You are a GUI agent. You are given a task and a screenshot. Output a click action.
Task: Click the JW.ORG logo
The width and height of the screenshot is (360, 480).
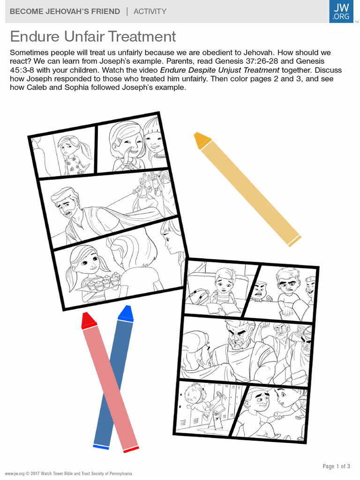pyautogui.click(x=341, y=11)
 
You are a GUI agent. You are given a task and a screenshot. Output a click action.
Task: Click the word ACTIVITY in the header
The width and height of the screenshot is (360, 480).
pyautogui.click(x=150, y=12)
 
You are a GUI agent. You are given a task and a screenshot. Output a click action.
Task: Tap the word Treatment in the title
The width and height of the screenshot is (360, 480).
pyautogui.click(x=142, y=37)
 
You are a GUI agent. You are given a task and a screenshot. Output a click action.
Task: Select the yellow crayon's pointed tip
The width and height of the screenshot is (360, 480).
pyautogui.click(x=196, y=135)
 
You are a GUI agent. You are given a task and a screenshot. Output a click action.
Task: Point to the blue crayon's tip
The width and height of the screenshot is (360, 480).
pyautogui.click(x=128, y=307)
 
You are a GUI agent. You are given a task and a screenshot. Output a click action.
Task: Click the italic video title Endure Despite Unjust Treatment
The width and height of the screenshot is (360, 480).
pyautogui.click(x=219, y=70)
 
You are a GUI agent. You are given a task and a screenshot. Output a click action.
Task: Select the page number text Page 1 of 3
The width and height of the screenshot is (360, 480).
pyautogui.click(x=336, y=466)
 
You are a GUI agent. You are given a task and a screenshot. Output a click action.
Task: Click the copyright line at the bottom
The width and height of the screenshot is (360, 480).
pyautogui.click(x=68, y=473)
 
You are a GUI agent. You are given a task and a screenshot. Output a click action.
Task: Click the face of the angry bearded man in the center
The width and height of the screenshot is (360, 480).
pyautogui.click(x=238, y=337)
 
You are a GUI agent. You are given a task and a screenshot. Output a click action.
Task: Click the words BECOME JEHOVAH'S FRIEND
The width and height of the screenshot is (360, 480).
pyautogui.click(x=65, y=12)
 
